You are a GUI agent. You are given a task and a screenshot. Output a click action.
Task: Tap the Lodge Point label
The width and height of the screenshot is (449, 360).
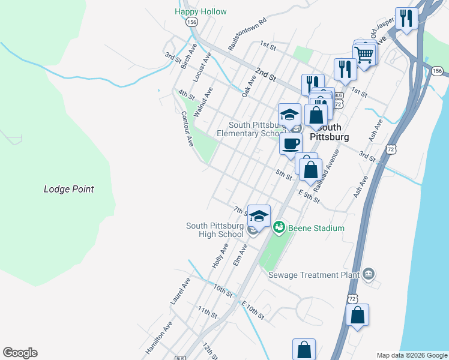point(69,189)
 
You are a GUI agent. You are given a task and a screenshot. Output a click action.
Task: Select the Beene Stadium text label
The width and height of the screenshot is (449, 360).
point(316,228)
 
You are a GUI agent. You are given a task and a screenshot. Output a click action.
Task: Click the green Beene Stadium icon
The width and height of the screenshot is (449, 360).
point(279,227)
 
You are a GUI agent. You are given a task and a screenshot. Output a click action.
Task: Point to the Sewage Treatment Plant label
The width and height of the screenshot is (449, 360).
point(313,275)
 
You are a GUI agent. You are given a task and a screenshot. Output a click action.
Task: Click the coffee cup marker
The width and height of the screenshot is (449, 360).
point(291,144)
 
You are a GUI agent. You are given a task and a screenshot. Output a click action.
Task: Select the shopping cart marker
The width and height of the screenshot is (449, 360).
point(364,55)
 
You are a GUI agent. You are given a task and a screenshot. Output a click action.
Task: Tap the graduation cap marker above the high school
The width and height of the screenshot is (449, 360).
point(259,215)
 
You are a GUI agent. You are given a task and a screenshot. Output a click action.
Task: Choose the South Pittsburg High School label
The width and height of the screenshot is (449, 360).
point(215,230)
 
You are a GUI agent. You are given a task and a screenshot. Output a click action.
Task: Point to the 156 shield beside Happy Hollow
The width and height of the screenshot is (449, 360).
point(191,22)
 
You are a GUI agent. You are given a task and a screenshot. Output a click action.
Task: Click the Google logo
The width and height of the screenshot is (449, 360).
point(20,353)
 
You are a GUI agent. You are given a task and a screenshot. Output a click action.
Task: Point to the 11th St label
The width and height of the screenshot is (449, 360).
point(208,312)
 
